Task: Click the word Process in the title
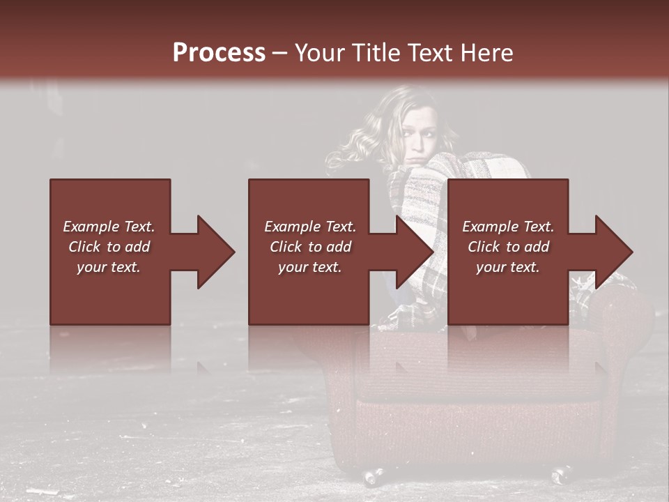pyautogui.click(x=219, y=53)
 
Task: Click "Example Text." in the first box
pyautogui.click(x=109, y=227)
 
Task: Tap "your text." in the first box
pyautogui.click(x=109, y=267)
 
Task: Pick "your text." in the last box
pyautogui.click(x=507, y=267)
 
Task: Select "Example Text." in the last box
pyautogui.click(x=508, y=227)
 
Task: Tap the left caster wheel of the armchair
pyautogui.click(x=372, y=477)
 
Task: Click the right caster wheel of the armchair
pyautogui.click(x=560, y=476)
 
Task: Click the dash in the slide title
pyautogui.click(x=280, y=53)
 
